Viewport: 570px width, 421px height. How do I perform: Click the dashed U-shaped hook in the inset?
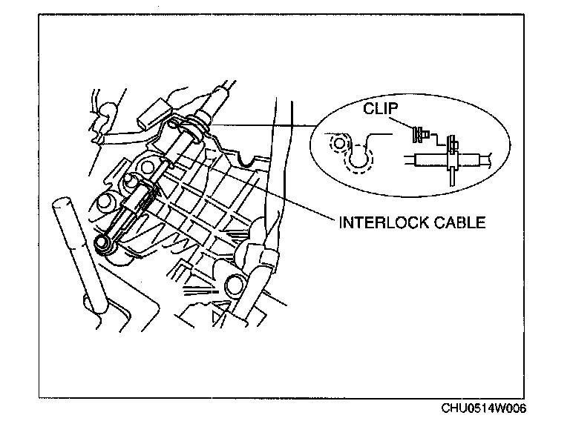click(x=362, y=158)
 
